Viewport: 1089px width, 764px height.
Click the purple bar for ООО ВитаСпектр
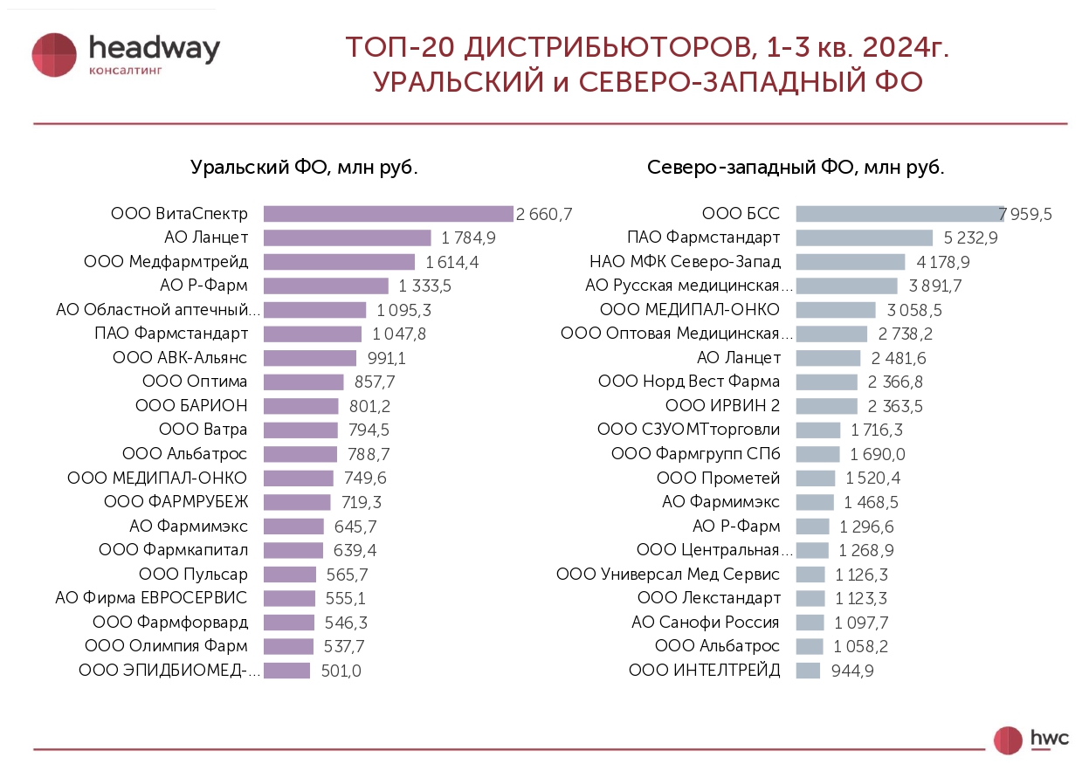tap(388, 214)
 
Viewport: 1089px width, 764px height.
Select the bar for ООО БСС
tap(899, 214)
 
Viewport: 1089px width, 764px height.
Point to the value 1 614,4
tap(452, 262)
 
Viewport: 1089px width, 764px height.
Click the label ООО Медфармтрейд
tap(166, 262)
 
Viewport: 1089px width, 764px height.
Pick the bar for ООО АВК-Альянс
tap(310, 358)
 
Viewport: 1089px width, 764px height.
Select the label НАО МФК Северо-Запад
tap(685, 262)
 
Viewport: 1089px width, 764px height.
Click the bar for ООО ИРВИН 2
tap(826, 406)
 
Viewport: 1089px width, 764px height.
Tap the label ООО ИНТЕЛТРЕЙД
tap(705, 671)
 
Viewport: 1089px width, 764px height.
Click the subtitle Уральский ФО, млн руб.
tap(304, 168)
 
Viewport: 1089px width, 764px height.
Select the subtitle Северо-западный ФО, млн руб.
tap(796, 168)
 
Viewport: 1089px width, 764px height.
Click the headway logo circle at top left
tap(54, 54)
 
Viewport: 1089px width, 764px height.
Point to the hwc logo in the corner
tap(1032, 739)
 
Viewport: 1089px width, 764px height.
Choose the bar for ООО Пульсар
tap(290, 575)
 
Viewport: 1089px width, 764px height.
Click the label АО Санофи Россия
tap(706, 623)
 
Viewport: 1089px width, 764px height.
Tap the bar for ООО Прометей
tap(816, 478)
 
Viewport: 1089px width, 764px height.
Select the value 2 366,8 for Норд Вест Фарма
tap(895, 382)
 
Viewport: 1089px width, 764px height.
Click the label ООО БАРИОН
tap(191, 406)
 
